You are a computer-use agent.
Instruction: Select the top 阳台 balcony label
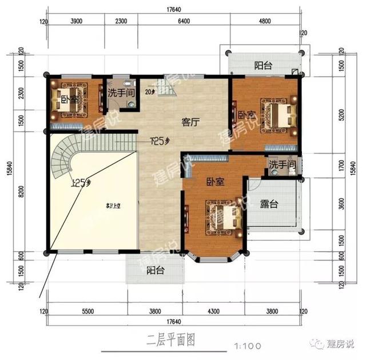(x=263, y=65)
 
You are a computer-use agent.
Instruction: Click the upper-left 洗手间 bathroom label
(x=121, y=91)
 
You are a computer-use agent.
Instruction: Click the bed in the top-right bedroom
(x=276, y=114)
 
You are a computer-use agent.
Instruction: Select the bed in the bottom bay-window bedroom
(x=223, y=219)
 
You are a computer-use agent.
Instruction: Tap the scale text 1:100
(x=248, y=345)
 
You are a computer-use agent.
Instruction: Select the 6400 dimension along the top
(x=184, y=21)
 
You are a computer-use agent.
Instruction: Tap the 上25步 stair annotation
(x=81, y=184)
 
